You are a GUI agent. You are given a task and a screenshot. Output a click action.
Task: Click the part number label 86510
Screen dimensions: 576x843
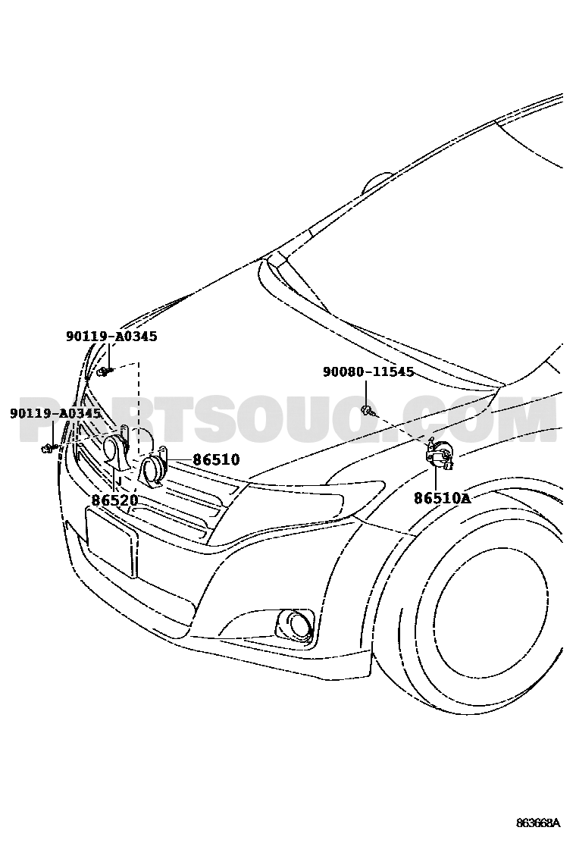[217, 460]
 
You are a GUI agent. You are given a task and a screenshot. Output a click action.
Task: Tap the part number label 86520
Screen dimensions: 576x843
[115, 500]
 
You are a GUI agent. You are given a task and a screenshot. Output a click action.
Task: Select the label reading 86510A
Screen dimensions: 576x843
[442, 498]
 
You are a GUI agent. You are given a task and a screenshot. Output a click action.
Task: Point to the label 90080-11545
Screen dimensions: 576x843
[368, 371]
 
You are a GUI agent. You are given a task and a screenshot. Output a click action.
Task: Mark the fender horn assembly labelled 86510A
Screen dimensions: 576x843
[440, 454]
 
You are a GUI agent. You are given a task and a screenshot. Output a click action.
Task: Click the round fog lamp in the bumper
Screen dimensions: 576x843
[295, 626]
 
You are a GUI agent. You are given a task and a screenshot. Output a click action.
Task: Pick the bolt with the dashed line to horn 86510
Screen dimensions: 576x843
[105, 371]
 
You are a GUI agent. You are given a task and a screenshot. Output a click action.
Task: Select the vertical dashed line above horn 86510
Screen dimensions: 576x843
[138, 408]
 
